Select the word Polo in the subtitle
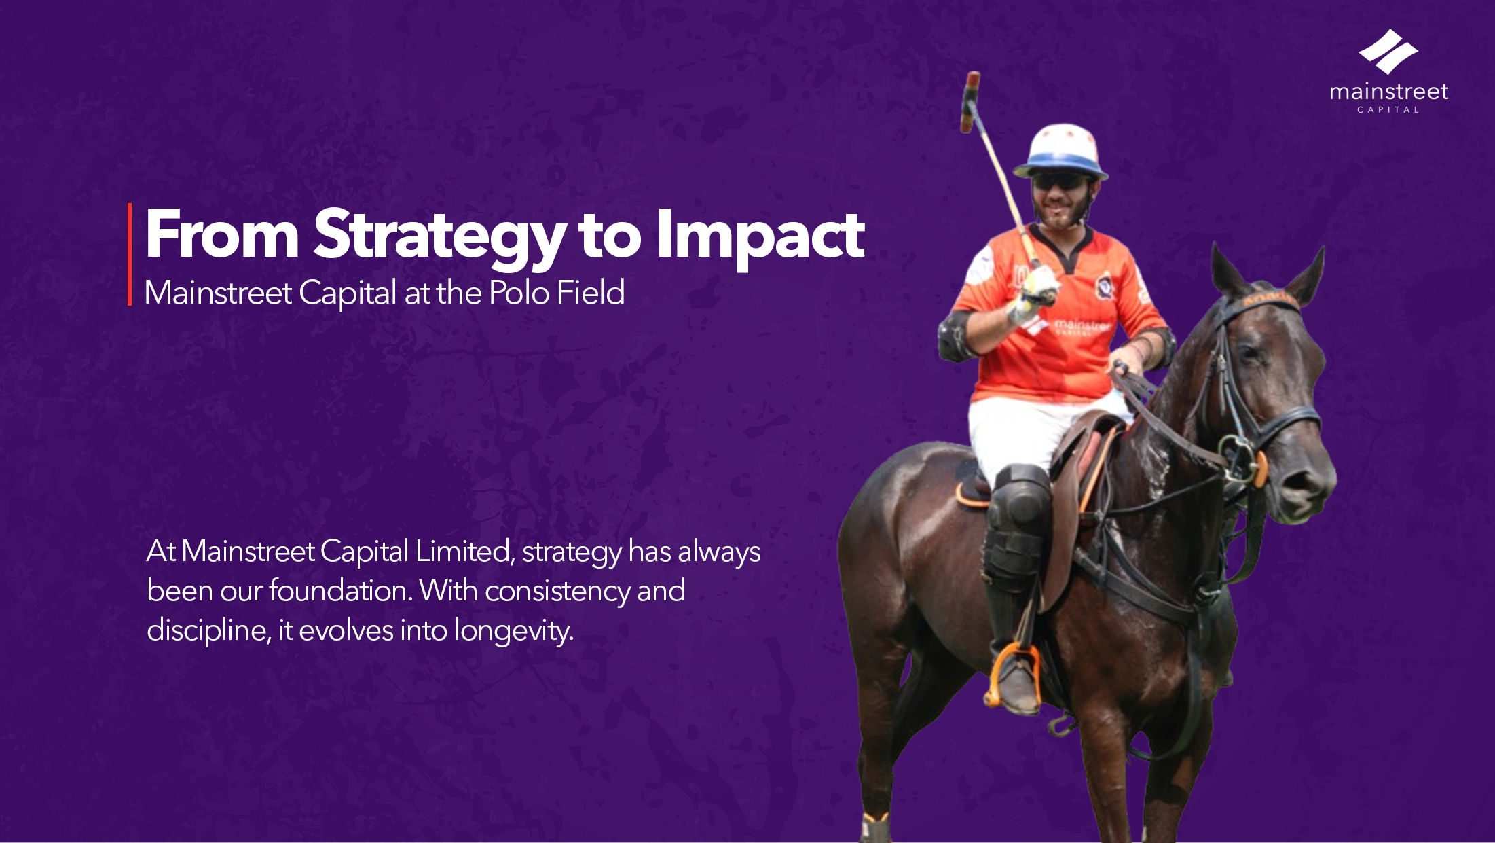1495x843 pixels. (x=519, y=293)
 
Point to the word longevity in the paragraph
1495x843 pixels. (x=514, y=631)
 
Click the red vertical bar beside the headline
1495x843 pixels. (x=130, y=254)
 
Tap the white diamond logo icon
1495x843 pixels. (x=1388, y=52)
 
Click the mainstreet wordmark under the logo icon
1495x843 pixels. (x=1388, y=92)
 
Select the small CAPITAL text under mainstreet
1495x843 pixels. (x=1388, y=109)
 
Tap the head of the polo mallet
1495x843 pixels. (x=970, y=102)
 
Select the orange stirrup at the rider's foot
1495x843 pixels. (x=1013, y=675)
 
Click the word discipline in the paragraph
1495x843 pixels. (x=207, y=631)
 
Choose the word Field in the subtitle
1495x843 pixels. (x=591, y=293)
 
